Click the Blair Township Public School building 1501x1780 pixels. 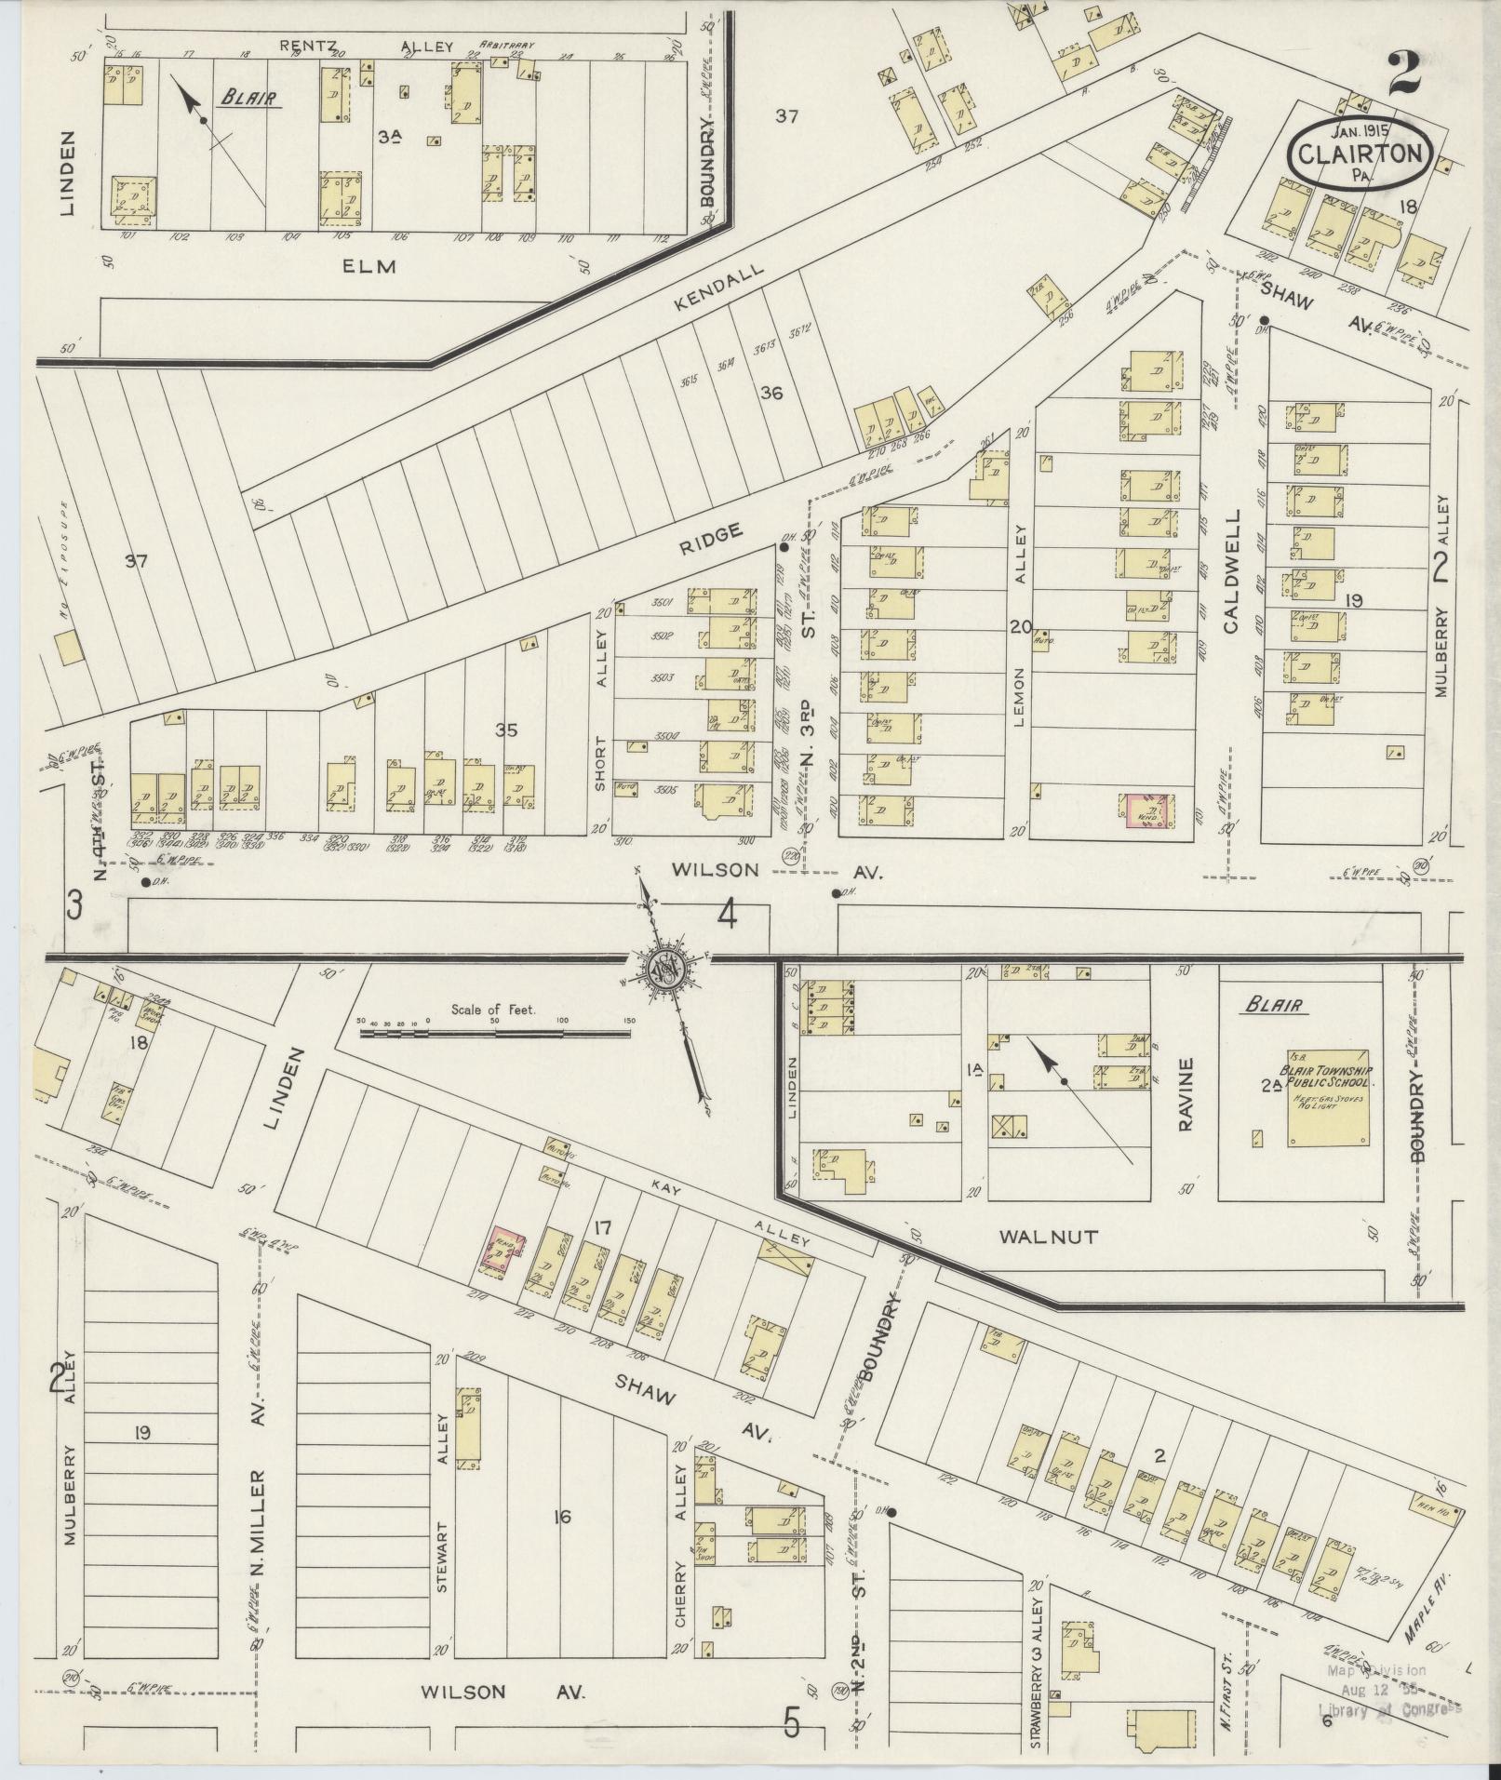[x=1327, y=1098]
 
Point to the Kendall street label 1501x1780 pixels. [x=719, y=284]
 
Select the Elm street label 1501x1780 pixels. [x=369, y=266]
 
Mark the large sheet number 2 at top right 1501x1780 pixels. [x=1404, y=74]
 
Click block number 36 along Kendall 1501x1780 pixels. [x=771, y=393]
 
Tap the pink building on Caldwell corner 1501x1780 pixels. [x=1146, y=810]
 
